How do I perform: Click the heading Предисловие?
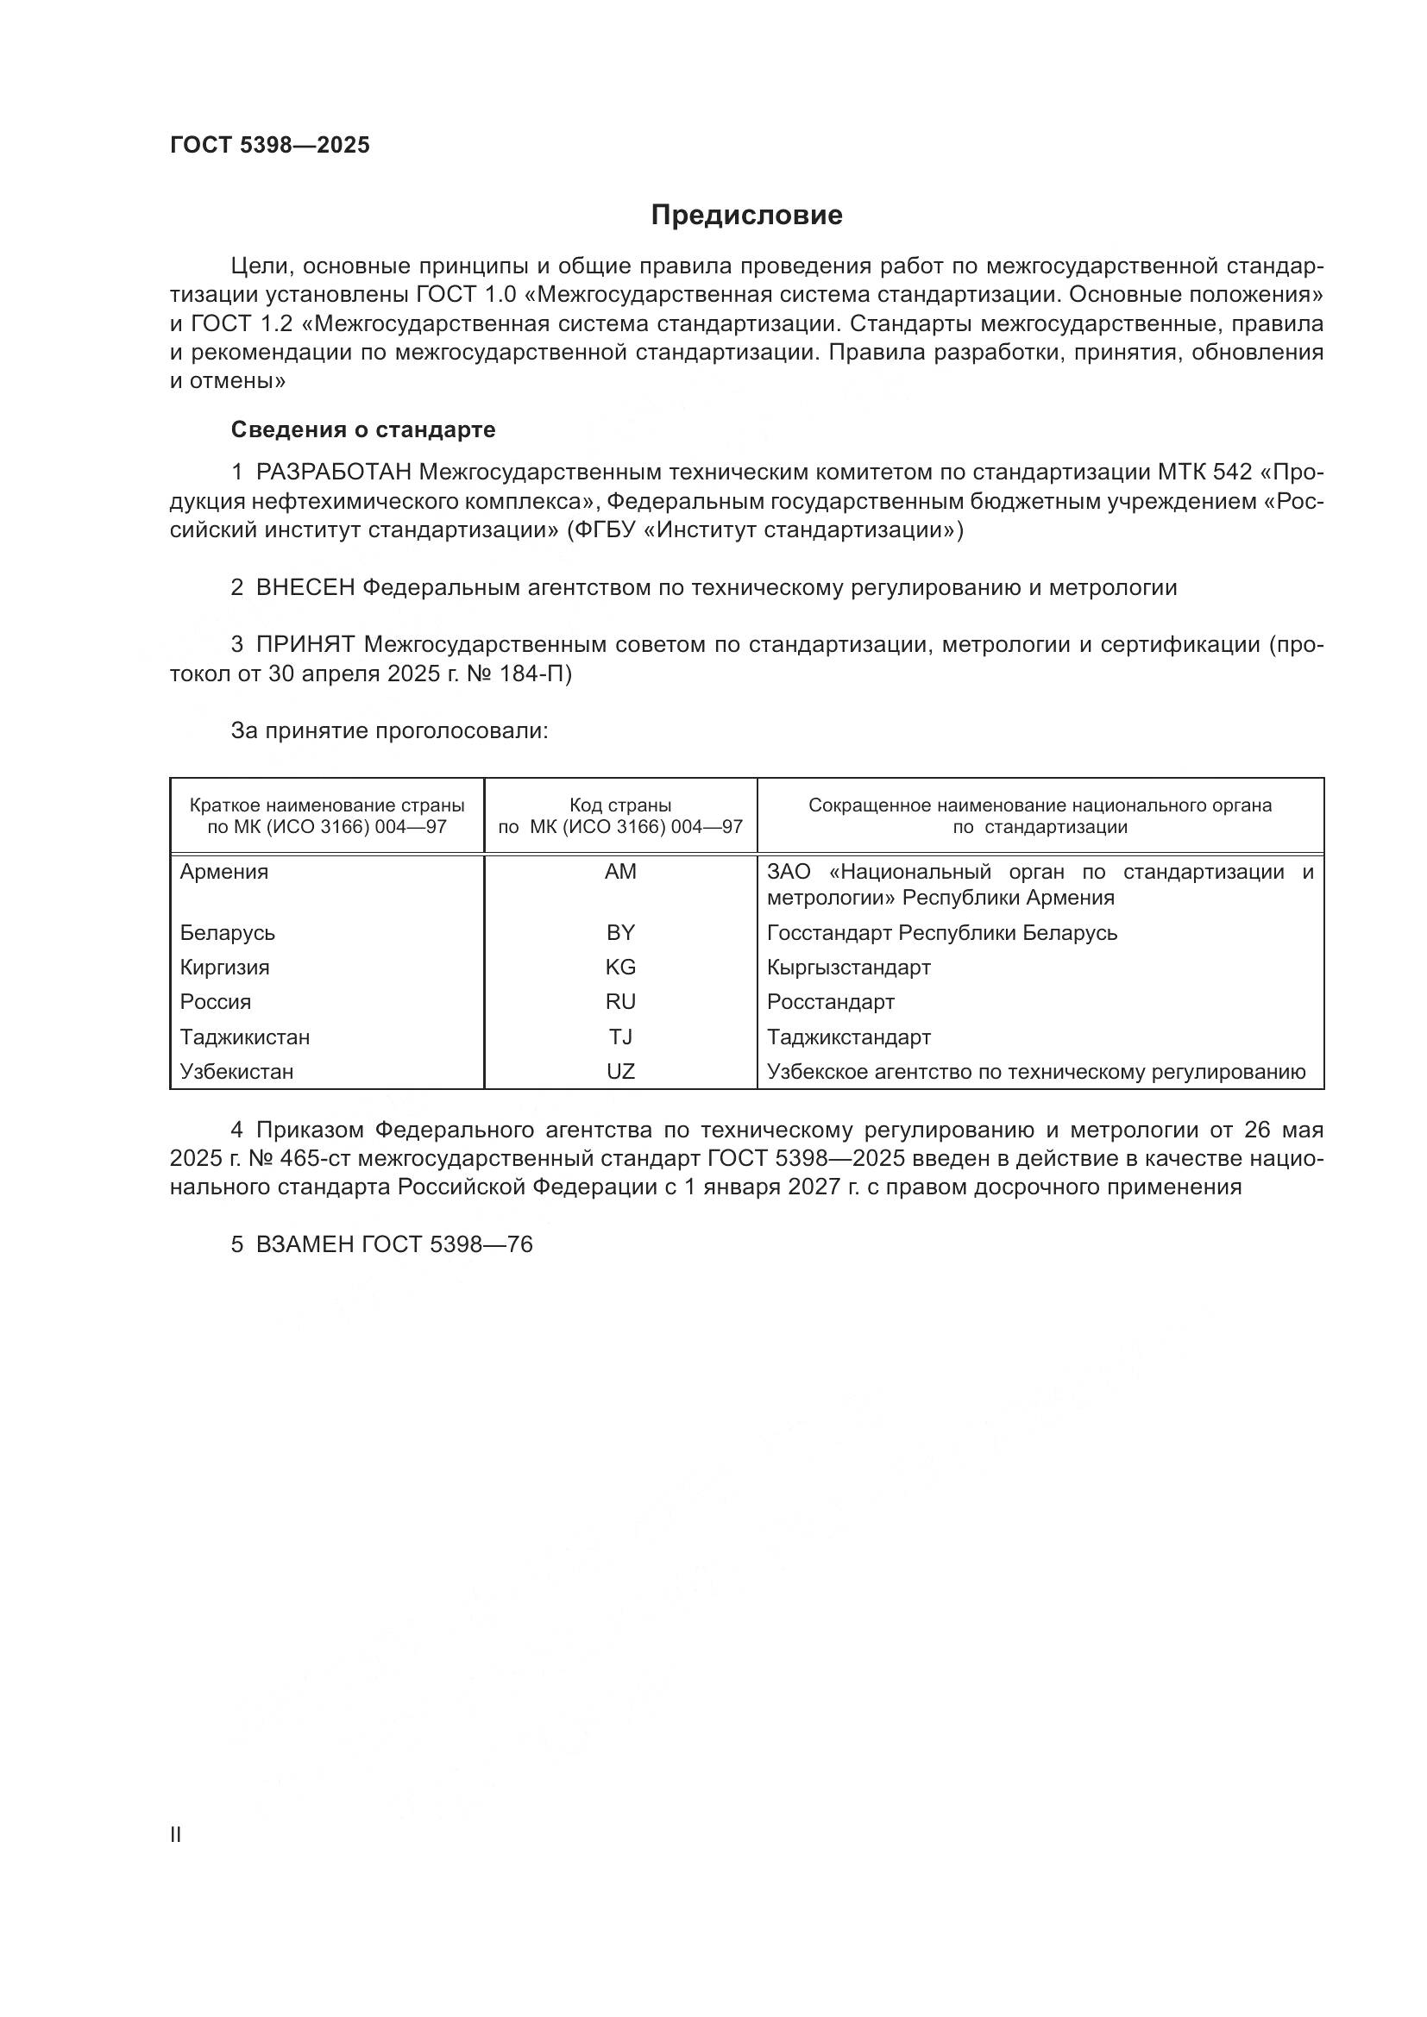tap(746, 216)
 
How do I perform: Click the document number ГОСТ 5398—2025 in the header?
tap(270, 146)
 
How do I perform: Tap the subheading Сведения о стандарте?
tap(363, 429)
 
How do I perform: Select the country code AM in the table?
tap(620, 873)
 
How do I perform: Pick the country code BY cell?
tap(620, 933)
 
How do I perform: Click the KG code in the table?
tap(620, 968)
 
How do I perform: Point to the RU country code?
tap(620, 1002)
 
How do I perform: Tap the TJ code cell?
tap(620, 1037)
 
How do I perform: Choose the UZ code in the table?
tap(620, 1072)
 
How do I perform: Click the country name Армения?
tap(224, 873)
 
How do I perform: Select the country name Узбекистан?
tap(236, 1072)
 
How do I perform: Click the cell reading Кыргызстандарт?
tap(848, 968)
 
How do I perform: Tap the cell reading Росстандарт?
tap(830, 1002)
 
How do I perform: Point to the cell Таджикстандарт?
tap(848, 1037)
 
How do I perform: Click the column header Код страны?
tap(620, 805)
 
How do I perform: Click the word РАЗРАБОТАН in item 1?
tap(333, 473)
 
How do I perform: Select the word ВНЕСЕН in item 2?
tap(305, 588)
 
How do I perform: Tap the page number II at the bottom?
tap(176, 1834)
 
